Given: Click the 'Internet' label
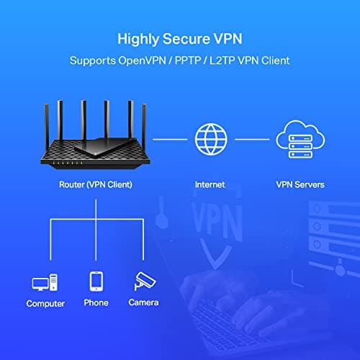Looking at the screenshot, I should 210,184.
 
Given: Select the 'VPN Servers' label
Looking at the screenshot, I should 300,184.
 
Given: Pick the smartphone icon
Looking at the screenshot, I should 96,281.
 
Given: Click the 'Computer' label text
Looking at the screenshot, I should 45,303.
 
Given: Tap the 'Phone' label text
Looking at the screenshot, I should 96,303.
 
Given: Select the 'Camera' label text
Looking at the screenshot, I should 143,303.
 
